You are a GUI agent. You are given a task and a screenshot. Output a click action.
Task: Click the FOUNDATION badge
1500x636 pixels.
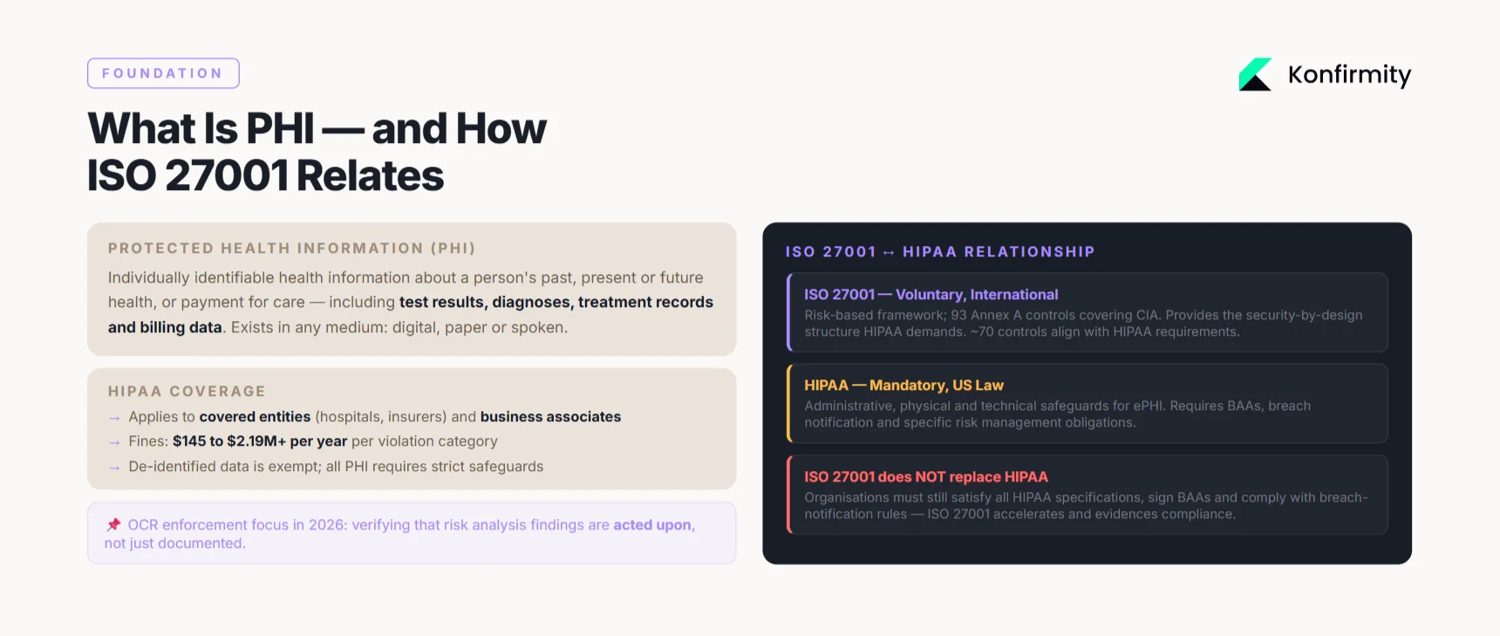click(163, 73)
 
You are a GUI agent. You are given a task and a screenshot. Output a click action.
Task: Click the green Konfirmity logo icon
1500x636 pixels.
click(1255, 75)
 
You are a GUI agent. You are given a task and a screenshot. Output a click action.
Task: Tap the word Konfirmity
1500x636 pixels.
click(1349, 75)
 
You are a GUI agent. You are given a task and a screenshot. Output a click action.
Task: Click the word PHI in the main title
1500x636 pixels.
click(280, 129)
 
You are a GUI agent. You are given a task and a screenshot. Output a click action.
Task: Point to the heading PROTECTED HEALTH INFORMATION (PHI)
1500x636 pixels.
click(291, 249)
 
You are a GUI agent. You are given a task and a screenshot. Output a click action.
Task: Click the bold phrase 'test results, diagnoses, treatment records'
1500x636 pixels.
click(556, 302)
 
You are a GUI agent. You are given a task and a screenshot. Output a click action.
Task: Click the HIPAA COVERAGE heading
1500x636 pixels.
click(187, 392)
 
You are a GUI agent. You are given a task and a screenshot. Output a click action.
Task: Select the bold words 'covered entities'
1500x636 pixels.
click(255, 417)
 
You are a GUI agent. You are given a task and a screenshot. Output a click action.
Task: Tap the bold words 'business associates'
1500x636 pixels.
click(550, 417)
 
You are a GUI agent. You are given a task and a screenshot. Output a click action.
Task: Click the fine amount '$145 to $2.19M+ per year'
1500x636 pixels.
click(260, 441)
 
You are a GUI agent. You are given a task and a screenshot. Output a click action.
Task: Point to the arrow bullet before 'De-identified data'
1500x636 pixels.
click(114, 468)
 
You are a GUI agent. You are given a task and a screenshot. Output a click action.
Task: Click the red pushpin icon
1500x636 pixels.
click(113, 524)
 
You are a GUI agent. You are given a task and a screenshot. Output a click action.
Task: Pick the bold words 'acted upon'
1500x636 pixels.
click(652, 525)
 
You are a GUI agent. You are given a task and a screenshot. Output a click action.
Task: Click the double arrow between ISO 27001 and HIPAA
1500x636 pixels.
click(889, 253)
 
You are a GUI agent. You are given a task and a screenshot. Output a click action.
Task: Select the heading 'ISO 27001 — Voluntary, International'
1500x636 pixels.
click(931, 295)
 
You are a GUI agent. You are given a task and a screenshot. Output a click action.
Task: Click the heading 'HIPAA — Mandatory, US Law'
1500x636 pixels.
click(903, 386)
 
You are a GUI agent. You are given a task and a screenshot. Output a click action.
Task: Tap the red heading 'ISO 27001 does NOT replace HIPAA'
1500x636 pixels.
click(925, 477)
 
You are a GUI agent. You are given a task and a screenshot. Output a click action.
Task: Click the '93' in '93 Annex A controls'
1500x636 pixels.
click(958, 315)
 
